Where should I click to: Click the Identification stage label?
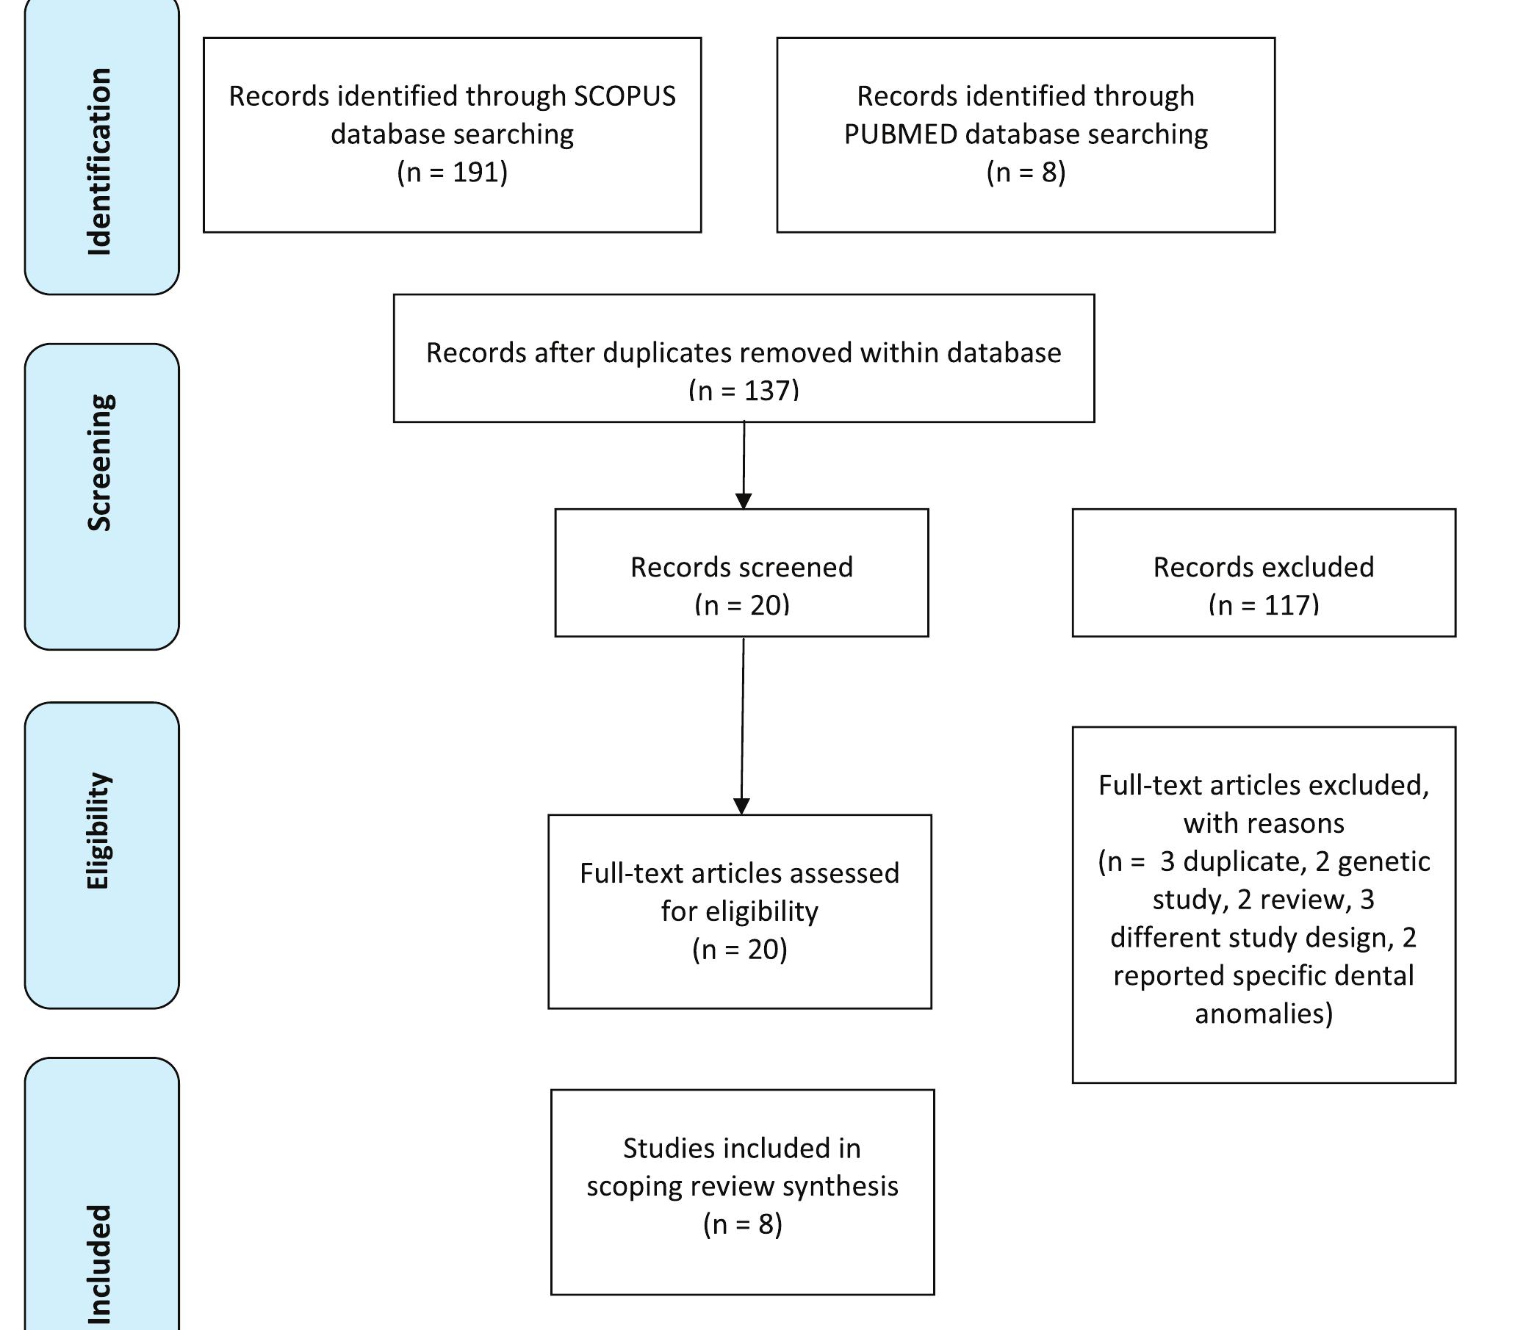(99, 162)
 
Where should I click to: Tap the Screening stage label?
(99, 463)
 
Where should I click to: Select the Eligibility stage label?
(99, 831)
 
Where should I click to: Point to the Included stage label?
(99, 1264)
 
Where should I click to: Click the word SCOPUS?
(625, 96)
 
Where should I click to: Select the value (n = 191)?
(452, 173)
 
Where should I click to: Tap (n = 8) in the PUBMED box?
(1026, 173)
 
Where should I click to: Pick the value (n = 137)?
(744, 391)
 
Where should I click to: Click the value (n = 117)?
(1263, 605)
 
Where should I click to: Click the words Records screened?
(741, 567)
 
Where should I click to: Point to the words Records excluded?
(1263, 567)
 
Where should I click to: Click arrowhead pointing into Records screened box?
(744, 501)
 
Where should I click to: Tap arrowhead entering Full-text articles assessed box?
(741, 806)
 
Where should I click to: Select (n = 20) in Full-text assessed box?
(739, 949)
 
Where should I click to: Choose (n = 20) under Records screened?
(741, 605)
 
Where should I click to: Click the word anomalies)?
(1263, 1013)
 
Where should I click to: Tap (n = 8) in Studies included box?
(742, 1224)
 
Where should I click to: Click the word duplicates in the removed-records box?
(652, 353)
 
